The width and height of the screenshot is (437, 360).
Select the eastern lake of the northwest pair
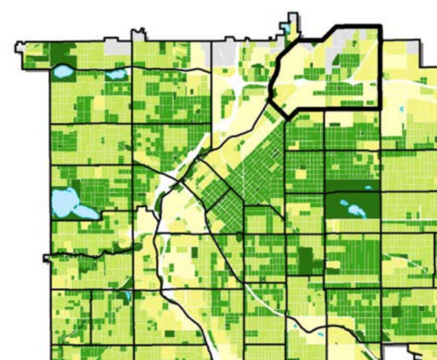pos(114,74)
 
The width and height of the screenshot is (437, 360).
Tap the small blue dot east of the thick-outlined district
pos(403,109)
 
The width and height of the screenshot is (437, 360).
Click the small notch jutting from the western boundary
pos(47,257)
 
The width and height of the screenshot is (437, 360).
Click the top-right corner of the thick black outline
pos(379,28)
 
